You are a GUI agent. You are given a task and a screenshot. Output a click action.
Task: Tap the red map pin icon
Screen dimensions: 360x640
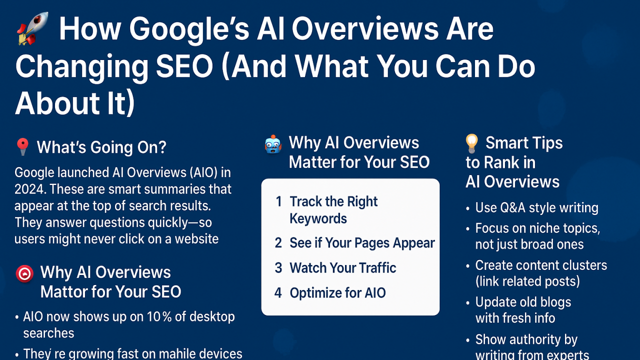[22, 147]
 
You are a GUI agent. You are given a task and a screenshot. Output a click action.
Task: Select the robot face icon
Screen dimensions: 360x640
[273, 144]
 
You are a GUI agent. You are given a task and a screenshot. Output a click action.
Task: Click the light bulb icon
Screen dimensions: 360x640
[471, 143]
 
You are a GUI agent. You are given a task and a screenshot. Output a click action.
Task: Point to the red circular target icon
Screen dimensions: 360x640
[24, 273]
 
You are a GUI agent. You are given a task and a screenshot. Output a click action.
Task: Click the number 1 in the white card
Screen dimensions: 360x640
[278, 201]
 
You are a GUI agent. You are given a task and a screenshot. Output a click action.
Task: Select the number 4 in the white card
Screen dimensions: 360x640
[278, 292]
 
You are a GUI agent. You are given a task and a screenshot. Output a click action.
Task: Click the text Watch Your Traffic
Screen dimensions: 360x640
[342, 268]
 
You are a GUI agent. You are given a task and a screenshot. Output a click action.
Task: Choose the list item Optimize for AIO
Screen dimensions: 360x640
[337, 292]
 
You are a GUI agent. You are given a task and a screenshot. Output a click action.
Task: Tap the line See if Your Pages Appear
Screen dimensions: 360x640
[362, 243]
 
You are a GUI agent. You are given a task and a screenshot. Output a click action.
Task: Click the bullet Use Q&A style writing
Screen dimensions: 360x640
[536, 207]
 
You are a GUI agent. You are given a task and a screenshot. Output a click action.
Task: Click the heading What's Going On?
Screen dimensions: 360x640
[101, 147]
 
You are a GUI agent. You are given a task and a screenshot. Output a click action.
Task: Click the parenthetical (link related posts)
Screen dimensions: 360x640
[527, 281]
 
